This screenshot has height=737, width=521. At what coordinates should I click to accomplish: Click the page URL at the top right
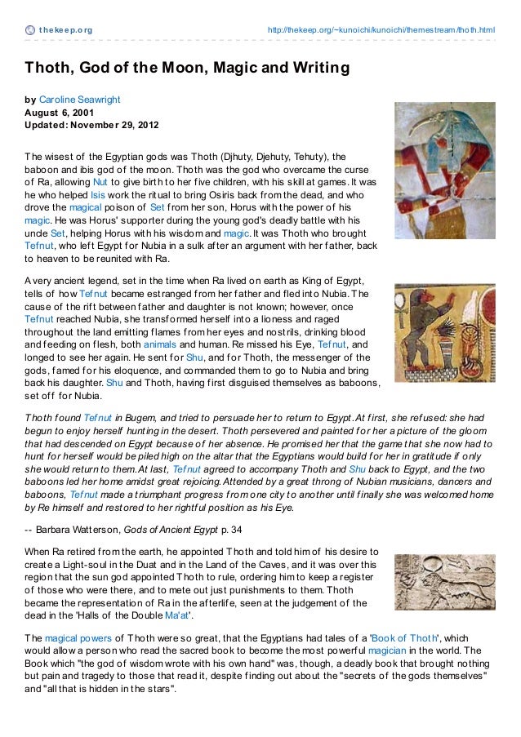[x=381, y=31]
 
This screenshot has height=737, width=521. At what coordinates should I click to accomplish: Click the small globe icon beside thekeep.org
[x=29, y=31]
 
